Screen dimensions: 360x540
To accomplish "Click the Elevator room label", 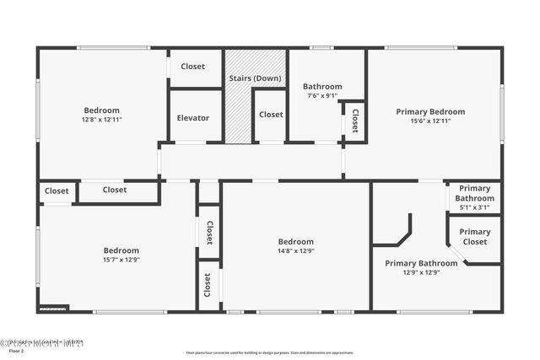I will [x=193, y=118].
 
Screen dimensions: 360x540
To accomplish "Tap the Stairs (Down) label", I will [x=255, y=78].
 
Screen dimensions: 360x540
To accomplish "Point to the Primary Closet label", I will [x=474, y=236].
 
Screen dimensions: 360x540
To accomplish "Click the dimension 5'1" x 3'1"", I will [x=474, y=207].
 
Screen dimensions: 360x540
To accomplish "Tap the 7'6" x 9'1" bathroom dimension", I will [x=321, y=95].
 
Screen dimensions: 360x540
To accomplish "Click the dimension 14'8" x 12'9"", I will [x=295, y=250].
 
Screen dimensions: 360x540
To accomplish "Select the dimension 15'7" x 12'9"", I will [x=121, y=260].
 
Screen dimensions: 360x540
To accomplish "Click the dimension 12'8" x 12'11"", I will [x=101, y=120].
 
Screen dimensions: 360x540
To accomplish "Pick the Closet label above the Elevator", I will [x=192, y=67].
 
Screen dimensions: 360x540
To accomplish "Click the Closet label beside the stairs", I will [x=270, y=115].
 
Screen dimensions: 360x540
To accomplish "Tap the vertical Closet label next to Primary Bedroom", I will [x=354, y=120].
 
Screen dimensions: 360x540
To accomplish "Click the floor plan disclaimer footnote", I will [x=270, y=352].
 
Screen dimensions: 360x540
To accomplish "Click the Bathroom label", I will [x=322, y=86].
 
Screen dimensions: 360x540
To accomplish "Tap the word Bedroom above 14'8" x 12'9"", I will [x=295, y=241].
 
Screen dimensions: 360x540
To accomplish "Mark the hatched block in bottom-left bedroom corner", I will [x=53, y=309].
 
